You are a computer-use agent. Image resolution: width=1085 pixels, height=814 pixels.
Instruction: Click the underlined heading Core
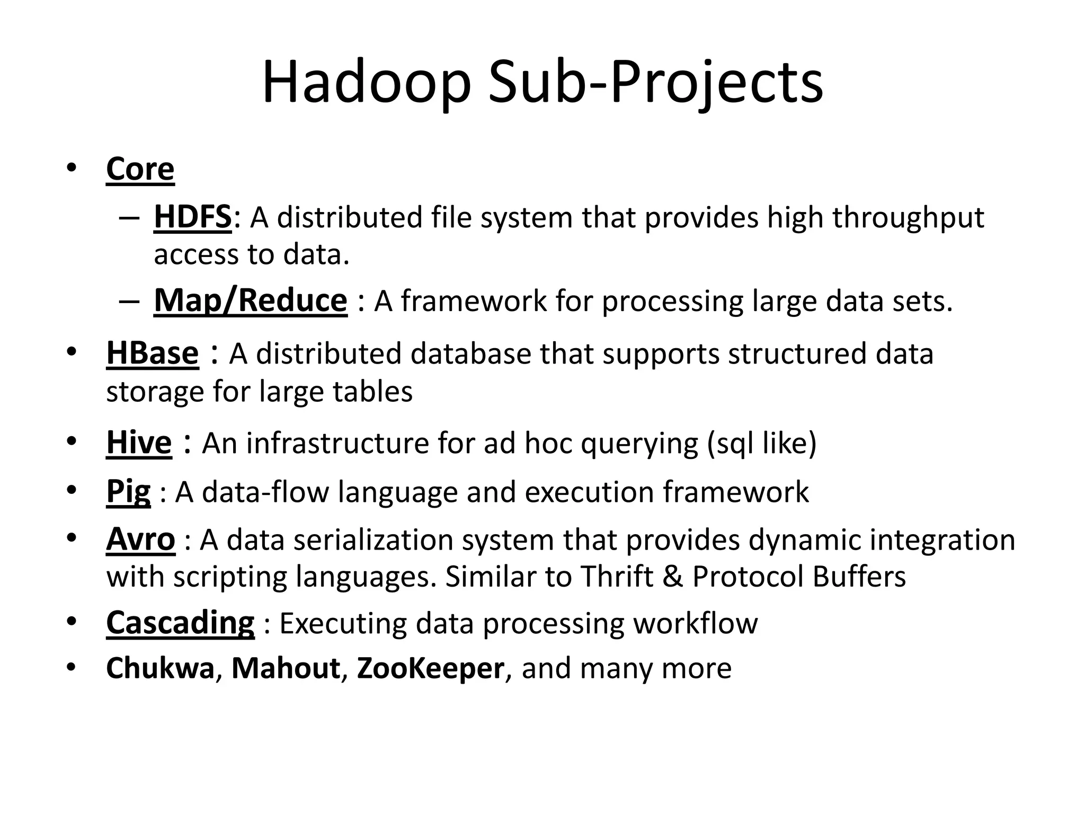pos(140,170)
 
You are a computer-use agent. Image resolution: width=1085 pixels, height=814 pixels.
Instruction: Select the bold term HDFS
pos(193,217)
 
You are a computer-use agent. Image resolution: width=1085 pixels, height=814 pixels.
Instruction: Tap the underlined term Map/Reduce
pos(251,300)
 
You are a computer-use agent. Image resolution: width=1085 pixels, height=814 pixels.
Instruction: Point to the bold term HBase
pos(153,353)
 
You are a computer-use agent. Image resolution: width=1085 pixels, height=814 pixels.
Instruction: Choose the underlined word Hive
pos(139,443)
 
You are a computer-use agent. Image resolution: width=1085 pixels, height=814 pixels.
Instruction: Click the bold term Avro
pos(140,539)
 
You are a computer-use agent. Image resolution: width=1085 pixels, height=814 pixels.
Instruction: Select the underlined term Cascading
pos(180,623)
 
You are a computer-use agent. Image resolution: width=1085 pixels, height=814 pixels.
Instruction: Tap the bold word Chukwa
pos(160,668)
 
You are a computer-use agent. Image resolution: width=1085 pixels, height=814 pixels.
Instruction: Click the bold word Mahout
pos(286,668)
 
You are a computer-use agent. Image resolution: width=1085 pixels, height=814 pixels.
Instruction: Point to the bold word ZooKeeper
pos(430,668)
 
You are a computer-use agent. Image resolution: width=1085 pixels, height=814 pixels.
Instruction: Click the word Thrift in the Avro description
pos(617,577)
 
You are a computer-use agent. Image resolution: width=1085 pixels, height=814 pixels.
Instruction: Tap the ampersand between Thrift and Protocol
pos(673,577)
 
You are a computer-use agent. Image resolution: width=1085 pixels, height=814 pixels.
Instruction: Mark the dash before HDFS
pos(129,218)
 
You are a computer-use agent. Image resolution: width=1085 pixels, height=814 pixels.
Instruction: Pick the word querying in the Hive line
pos(639,444)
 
